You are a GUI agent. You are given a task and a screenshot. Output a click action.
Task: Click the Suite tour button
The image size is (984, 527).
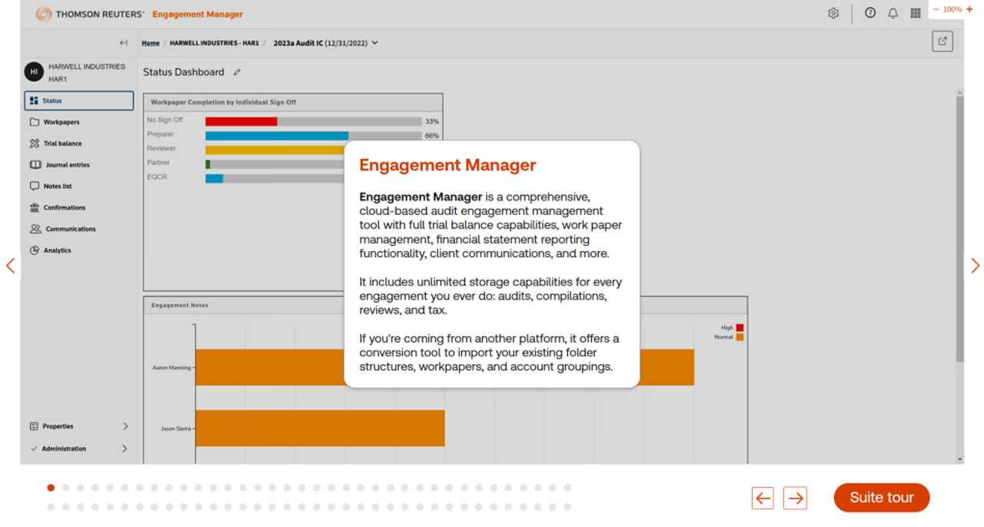[x=881, y=498]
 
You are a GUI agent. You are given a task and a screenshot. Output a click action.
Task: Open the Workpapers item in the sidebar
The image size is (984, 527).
[x=61, y=122]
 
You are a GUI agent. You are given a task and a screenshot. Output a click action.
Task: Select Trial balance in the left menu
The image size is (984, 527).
[x=62, y=144]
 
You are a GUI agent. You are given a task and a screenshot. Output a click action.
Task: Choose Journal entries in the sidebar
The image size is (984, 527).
[x=67, y=165]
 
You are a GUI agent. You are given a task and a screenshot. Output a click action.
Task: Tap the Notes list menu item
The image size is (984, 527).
[x=58, y=187]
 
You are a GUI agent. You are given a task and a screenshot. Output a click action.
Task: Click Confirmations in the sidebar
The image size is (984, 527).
[x=64, y=207]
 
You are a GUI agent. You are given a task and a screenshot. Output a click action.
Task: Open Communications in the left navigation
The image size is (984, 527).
[x=70, y=229]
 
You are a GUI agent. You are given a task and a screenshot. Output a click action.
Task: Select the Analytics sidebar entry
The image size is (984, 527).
[x=57, y=250]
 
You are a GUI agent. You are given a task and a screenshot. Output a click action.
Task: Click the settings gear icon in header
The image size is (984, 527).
[x=833, y=13]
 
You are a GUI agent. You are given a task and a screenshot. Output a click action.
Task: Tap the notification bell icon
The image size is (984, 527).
[x=893, y=13]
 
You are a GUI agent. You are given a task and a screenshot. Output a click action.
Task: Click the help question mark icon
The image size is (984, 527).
[x=870, y=13]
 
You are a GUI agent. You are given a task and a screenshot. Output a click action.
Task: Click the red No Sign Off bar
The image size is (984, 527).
[x=241, y=121]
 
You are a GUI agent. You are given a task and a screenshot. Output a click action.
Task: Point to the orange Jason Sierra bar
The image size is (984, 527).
[x=320, y=428]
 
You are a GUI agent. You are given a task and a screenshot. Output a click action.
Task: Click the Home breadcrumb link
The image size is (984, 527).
[x=151, y=43]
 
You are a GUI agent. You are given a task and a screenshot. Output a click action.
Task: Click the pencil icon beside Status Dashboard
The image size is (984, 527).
[x=237, y=72]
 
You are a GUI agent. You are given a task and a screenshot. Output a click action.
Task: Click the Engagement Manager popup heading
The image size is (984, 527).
[x=447, y=165]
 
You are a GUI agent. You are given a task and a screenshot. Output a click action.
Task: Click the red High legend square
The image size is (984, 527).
[x=740, y=328]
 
